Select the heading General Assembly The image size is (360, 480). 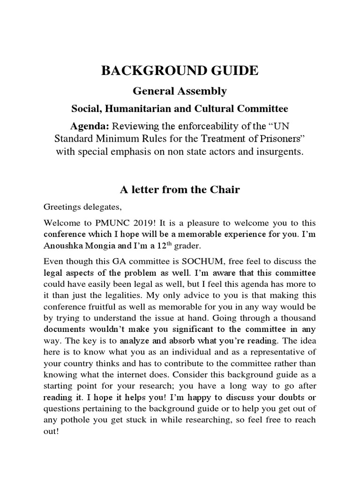180,91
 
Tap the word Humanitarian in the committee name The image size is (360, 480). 136,109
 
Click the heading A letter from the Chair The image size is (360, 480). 180,189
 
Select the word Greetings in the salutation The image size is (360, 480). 61,206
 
